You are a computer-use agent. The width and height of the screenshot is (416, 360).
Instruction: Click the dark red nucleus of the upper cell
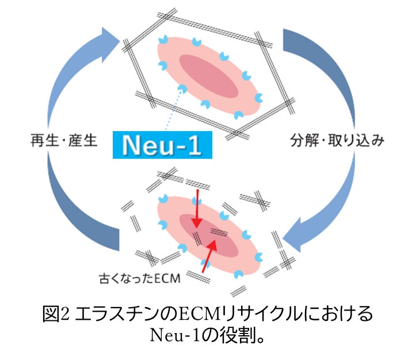(x=207, y=76)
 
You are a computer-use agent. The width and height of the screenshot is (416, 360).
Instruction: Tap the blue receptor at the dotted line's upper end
(x=183, y=88)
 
